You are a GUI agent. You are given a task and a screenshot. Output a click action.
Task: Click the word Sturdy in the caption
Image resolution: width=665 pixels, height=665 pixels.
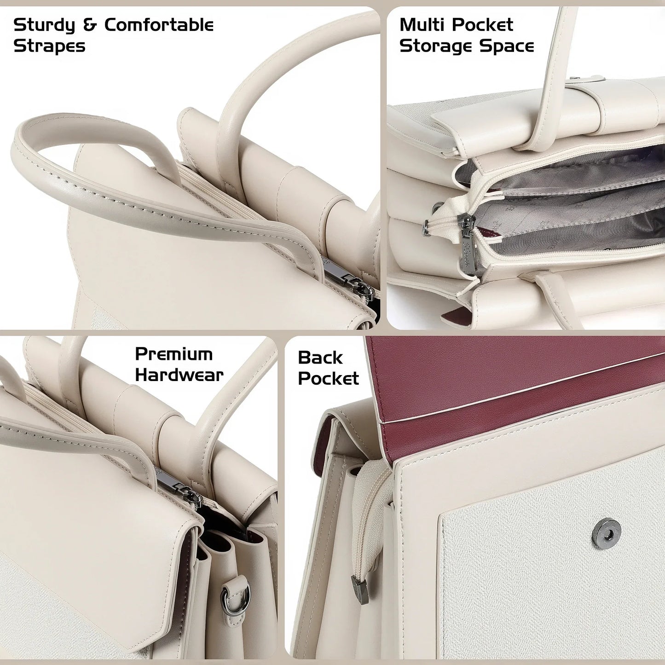coord(44,26)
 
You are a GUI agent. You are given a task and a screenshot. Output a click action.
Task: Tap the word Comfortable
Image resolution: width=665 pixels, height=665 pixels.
coord(159,25)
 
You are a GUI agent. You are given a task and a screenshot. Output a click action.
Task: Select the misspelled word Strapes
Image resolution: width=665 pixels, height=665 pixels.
coord(49,46)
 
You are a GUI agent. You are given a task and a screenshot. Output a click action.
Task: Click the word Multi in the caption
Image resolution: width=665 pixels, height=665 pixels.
coord(423,25)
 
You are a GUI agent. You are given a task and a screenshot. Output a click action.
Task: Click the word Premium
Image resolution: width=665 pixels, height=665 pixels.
coord(173,354)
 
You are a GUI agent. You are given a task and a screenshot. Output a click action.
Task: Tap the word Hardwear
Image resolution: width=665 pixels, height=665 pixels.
coord(179,375)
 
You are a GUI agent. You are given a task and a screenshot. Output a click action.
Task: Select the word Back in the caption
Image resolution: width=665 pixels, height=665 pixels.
coord(320,358)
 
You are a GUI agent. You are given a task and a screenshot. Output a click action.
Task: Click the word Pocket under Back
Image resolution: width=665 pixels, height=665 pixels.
coord(328,378)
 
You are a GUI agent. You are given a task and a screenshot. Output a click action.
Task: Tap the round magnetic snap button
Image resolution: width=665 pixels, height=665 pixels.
coord(606,533)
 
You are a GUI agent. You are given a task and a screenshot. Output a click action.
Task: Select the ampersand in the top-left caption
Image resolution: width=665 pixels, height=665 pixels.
coord(90,25)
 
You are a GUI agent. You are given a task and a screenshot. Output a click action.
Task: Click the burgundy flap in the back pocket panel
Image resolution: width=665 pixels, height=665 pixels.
coord(506,382)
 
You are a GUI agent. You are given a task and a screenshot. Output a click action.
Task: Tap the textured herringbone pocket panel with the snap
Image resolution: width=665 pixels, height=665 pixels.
coord(552,589)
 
